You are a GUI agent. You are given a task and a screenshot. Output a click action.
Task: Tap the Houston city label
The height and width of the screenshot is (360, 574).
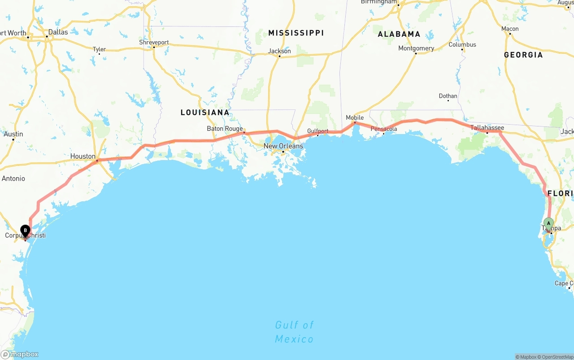click(83, 156)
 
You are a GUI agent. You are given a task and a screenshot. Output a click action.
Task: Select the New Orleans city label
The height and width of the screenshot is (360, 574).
click(283, 146)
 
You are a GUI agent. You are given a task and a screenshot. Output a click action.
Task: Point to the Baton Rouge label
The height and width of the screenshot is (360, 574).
click(225, 129)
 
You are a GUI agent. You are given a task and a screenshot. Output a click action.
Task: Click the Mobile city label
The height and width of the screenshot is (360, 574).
click(355, 118)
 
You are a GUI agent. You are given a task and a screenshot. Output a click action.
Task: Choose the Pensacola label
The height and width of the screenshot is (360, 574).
click(384, 129)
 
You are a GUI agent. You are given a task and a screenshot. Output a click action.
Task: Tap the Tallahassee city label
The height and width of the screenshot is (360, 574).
click(487, 128)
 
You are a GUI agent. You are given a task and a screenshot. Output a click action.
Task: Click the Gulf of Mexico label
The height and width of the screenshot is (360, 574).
click(294, 332)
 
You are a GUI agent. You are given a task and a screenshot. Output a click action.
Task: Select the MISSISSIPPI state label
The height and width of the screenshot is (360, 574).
click(296, 33)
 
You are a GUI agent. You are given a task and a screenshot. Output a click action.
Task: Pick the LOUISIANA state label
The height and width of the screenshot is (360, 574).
click(205, 113)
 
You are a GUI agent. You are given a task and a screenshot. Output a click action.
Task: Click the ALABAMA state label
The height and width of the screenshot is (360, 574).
click(399, 34)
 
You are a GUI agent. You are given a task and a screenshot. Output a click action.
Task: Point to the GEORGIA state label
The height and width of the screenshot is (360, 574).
click(523, 55)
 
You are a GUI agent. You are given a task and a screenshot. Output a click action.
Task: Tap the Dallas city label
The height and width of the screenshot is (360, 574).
click(58, 32)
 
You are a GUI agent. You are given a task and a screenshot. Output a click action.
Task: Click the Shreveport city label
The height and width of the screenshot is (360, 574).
click(154, 43)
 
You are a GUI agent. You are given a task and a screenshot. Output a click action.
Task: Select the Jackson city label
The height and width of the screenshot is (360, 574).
click(279, 51)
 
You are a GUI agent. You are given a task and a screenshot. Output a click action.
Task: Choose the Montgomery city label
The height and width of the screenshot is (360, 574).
click(416, 48)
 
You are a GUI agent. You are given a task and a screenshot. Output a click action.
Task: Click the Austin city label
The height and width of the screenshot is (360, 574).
click(13, 134)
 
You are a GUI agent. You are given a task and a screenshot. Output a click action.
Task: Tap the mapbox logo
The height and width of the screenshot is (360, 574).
click(20, 354)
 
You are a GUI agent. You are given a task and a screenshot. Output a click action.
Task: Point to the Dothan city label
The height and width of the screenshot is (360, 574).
click(448, 96)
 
